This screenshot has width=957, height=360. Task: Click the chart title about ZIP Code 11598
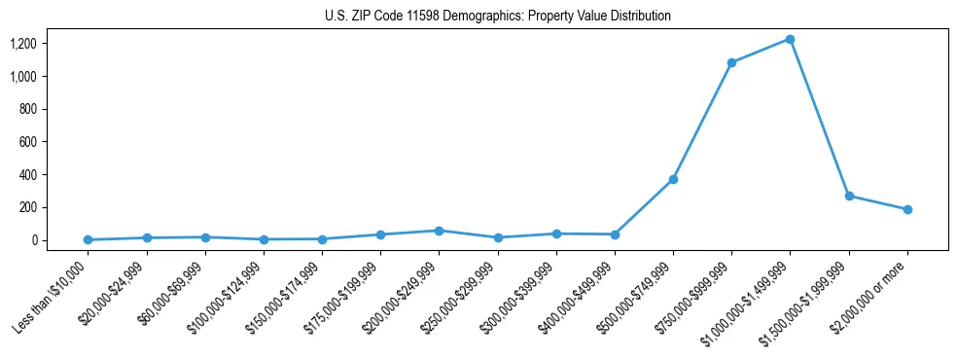(x=498, y=16)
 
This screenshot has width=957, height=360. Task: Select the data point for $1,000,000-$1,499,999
(x=790, y=39)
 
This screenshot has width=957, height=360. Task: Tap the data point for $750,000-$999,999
(x=731, y=62)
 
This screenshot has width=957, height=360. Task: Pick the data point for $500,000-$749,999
(x=673, y=179)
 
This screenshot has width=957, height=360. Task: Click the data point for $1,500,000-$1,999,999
(x=849, y=196)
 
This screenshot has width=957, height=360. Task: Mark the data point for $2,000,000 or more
(x=907, y=209)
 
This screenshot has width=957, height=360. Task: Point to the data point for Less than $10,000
(x=88, y=239)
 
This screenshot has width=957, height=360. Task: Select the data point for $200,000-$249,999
(x=439, y=231)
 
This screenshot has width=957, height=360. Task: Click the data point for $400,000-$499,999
(x=615, y=234)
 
